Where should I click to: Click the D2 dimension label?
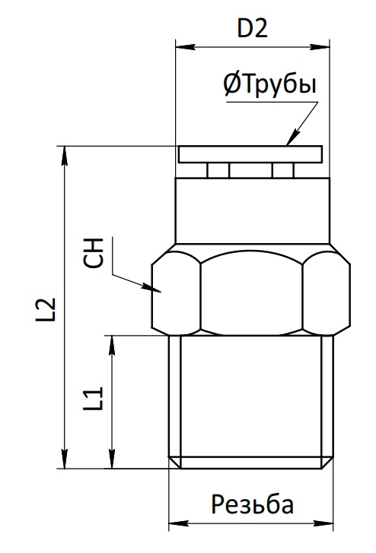point(253,29)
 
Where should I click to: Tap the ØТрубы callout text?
point(270,85)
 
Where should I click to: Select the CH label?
point(94,253)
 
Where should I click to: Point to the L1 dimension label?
point(93,399)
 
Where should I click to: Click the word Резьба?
point(253,504)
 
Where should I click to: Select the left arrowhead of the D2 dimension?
point(186,47)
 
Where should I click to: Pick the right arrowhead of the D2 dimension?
point(320,47)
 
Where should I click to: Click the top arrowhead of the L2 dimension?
point(64,156)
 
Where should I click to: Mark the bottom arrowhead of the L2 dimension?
point(64,459)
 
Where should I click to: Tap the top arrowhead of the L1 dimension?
point(112,345)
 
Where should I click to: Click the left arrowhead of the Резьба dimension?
point(179,523)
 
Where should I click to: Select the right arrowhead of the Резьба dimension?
point(323,523)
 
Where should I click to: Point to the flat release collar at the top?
point(250,154)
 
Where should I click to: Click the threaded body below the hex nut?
point(251,402)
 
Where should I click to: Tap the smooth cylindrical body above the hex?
point(253,210)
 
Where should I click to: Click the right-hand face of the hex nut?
point(327,292)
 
